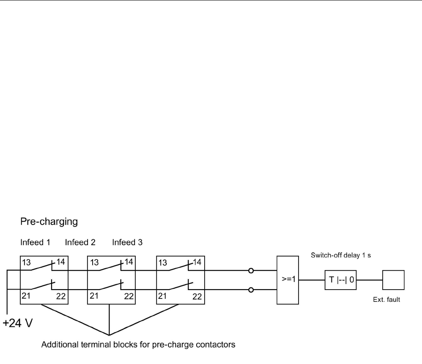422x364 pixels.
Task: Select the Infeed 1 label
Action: [x=35, y=243]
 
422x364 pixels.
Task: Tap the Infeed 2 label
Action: [x=80, y=243]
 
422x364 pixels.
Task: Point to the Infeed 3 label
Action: [x=127, y=243]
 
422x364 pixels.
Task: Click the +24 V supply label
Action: [x=18, y=325]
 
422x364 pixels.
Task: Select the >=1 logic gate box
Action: [x=288, y=279]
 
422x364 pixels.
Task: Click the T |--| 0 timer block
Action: [x=340, y=279]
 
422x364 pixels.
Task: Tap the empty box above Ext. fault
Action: [x=393, y=279]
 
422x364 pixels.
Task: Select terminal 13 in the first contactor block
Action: [x=26, y=262]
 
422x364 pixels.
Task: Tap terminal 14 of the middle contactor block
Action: [x=129, y=262]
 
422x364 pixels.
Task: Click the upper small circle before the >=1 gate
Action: [x=251, y=271]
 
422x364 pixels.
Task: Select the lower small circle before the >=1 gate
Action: [x=251, y=290]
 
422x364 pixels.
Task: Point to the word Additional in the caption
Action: [x=56, y=345]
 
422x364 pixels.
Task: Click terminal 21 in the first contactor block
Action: [x=26, y=296]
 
